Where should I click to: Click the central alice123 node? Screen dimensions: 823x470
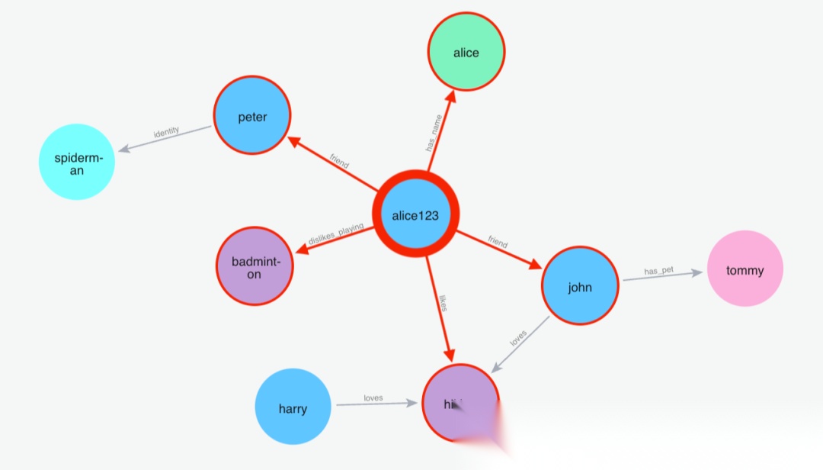(x=415, y=215)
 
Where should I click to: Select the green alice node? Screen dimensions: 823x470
(x=466, y=53)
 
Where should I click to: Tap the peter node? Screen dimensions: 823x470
(x=252, y=117)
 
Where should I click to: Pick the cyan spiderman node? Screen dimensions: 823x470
(x=77, y=162)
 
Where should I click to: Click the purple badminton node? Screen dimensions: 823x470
(x=255, y=267)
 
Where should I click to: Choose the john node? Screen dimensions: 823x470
(x=580, y=287)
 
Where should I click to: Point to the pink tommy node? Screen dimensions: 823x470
(x=745, y=269)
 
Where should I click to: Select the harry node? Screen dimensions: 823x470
(x=293, y=408)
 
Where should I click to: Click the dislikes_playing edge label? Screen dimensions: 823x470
(x=335, y=234)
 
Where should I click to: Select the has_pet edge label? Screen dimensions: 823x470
(x=658, y=271)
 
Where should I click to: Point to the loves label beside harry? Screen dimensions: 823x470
(x=373, y=398)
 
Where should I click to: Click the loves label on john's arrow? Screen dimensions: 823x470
(x=518, y=338)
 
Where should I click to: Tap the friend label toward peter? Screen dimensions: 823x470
(x=339, y=161)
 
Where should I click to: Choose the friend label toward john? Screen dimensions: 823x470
(x=498, y=243)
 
